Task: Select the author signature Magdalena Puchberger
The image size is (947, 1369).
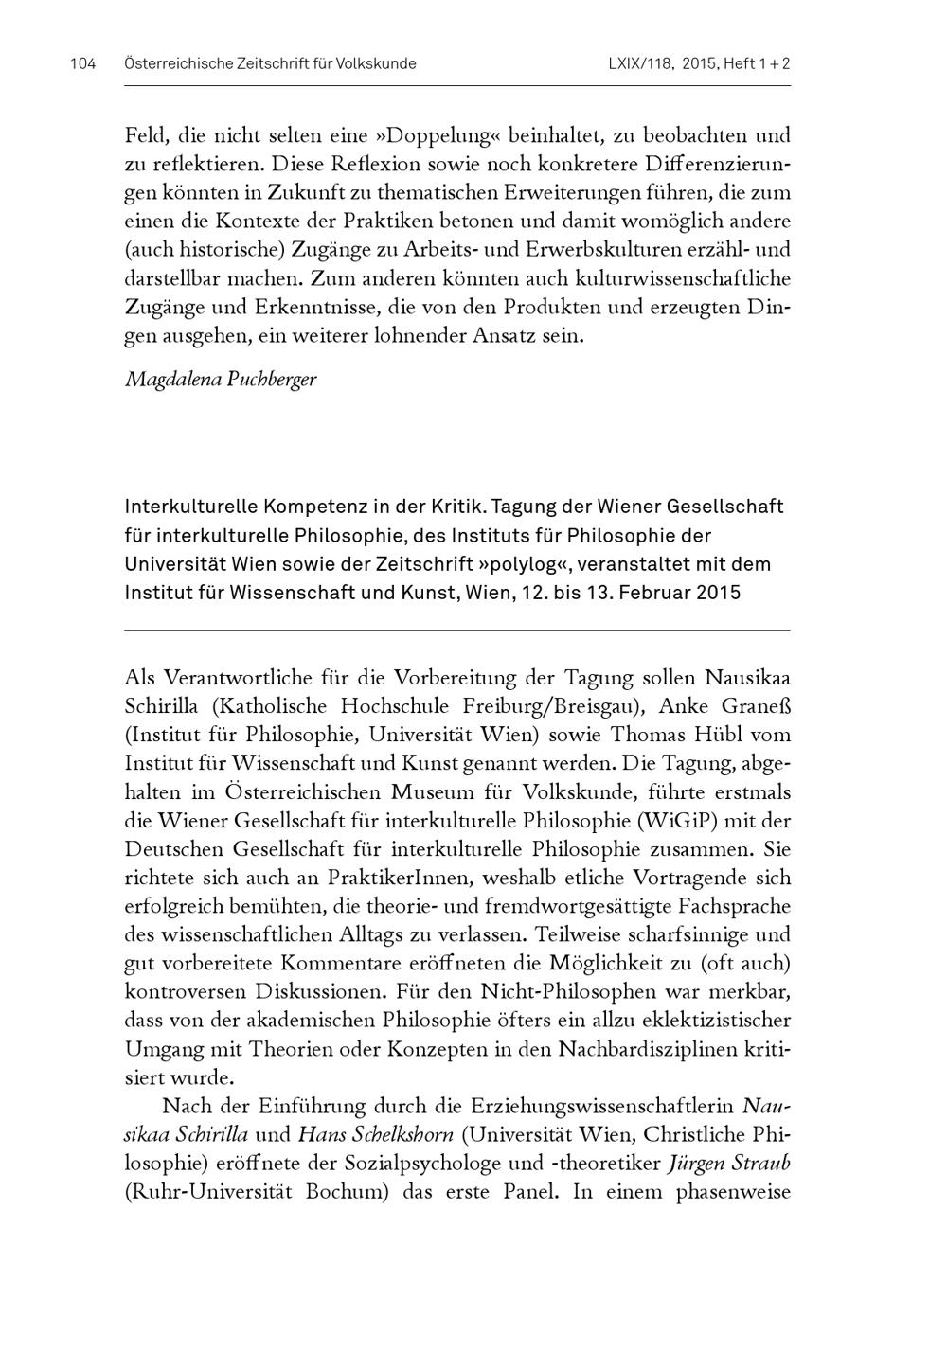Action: coord(221,380)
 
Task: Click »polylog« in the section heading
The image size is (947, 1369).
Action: coord(524,564)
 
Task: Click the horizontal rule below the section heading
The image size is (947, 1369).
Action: coord(456,630)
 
